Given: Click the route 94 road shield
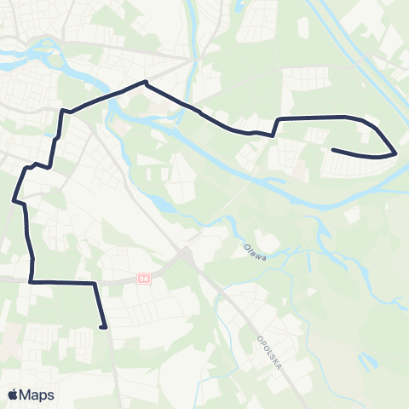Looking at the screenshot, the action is coord(144,278).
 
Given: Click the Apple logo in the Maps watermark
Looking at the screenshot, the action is coord(14,395).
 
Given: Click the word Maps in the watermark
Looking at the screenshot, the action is coord(37,395).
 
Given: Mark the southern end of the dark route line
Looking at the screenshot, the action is coord(103,326).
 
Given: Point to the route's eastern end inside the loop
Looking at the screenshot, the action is coord(332,151).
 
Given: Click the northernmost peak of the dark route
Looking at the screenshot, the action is coord(146,83).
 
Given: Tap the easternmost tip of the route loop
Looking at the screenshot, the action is coord(396,154).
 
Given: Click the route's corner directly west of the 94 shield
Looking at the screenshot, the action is coord(31,281).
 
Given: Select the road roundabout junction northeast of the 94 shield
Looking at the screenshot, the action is coord(184,253).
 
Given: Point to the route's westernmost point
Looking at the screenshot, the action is coord(14,200).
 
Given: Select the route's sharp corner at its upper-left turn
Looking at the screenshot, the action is coord(62,110).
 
